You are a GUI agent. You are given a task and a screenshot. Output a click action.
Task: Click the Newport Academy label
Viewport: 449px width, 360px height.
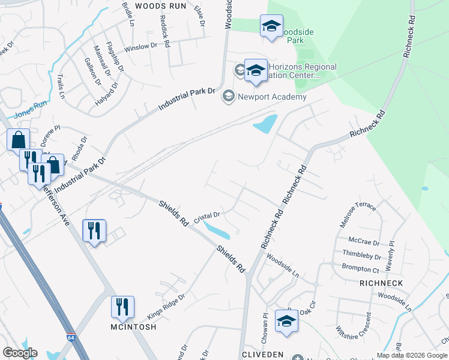pyautogui.click(x=273, y=97)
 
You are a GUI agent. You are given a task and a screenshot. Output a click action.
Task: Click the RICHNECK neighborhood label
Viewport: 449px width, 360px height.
pyautogui.click(x=381, y=282)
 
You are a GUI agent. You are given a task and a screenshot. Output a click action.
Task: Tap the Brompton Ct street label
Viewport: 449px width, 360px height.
pyautogui.click(x=360, y=268)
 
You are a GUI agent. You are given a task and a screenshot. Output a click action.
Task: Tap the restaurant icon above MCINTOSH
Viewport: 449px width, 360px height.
pyautogui.click(x=122, y=307)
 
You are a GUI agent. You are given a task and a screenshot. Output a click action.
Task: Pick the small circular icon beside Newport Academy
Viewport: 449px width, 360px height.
pyautogui.click(x=228, y=96)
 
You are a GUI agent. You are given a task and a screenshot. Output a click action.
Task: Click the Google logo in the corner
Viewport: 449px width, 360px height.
pyautogui.click(x=19, y=353)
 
